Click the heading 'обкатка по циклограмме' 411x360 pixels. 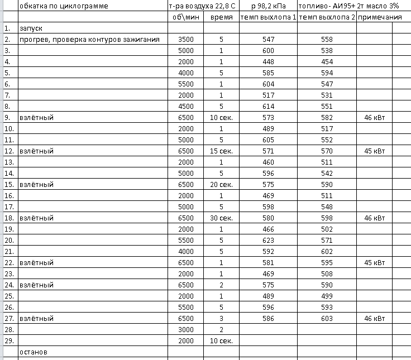(x=64, y=6)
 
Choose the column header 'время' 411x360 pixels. (x=221, y=17)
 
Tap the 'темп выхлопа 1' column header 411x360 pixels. (x=269, y=17)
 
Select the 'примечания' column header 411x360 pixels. (x=380, y=17)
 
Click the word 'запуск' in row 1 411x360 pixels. (x=31, y=28)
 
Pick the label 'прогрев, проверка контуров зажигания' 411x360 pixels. (x=89, y=39)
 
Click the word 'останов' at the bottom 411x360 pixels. (x=34, y=352)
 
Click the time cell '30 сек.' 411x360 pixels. (x=221, y=218)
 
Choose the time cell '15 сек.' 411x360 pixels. (x=221, y=151)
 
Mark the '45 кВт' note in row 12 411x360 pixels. (x=374, y=151)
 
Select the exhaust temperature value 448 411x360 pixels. (x=269, y=61)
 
